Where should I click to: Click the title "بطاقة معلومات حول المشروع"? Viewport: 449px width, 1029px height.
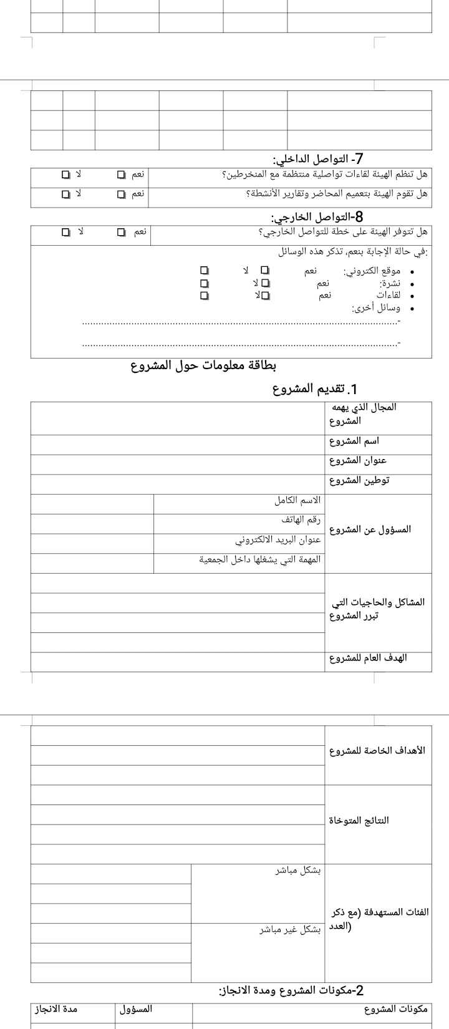point(203,364)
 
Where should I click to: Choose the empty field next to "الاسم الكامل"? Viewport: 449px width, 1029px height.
point(92,504)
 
